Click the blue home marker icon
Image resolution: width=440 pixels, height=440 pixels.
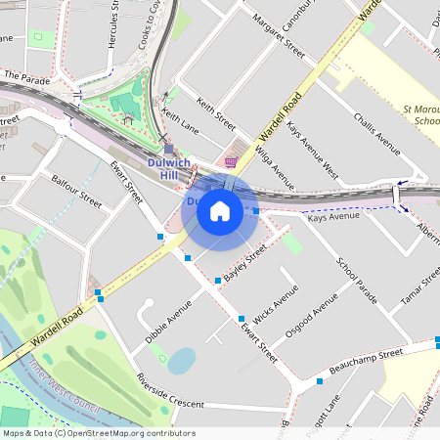[x=220, y=210]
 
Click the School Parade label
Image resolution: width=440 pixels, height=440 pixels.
[x=356, y=280]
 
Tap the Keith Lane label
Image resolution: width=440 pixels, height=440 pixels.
[x=179, y=121]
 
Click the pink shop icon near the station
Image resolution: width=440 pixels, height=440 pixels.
[x=231, y=162]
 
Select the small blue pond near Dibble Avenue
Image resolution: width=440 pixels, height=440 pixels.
[x=181, y=362]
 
